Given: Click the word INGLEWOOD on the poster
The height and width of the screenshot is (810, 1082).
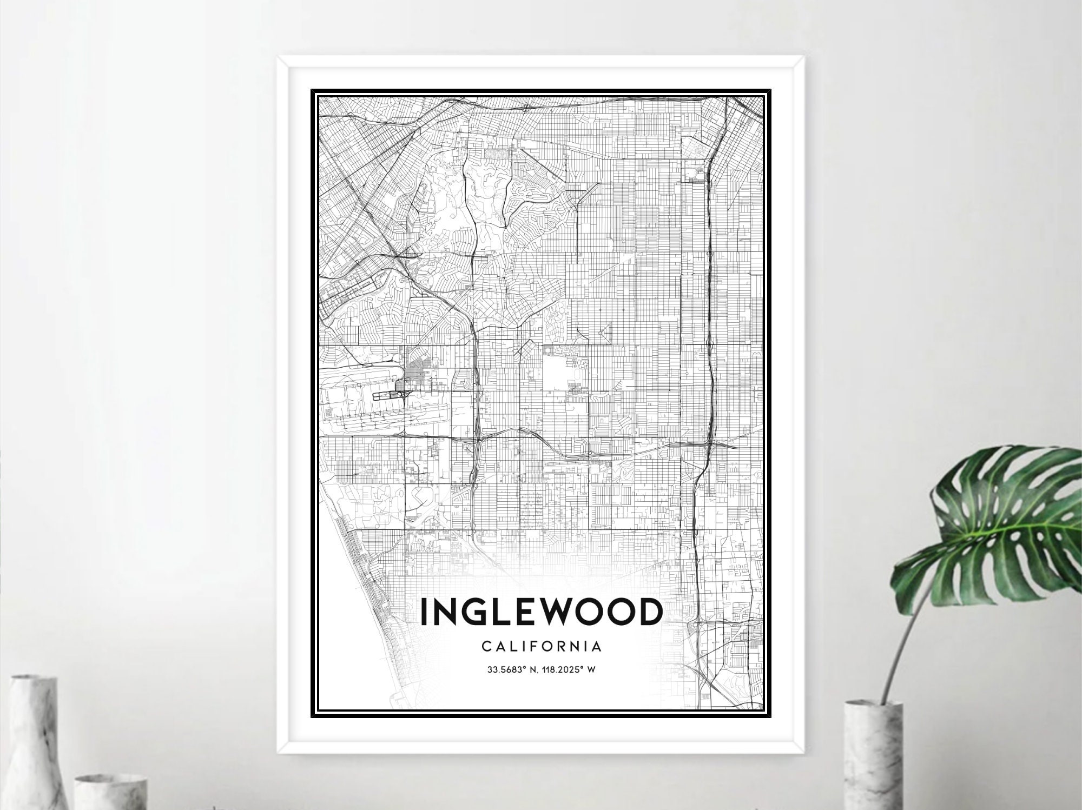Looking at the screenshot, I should (541, 612).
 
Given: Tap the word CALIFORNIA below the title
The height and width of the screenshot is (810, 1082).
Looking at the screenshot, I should (541, 646).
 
